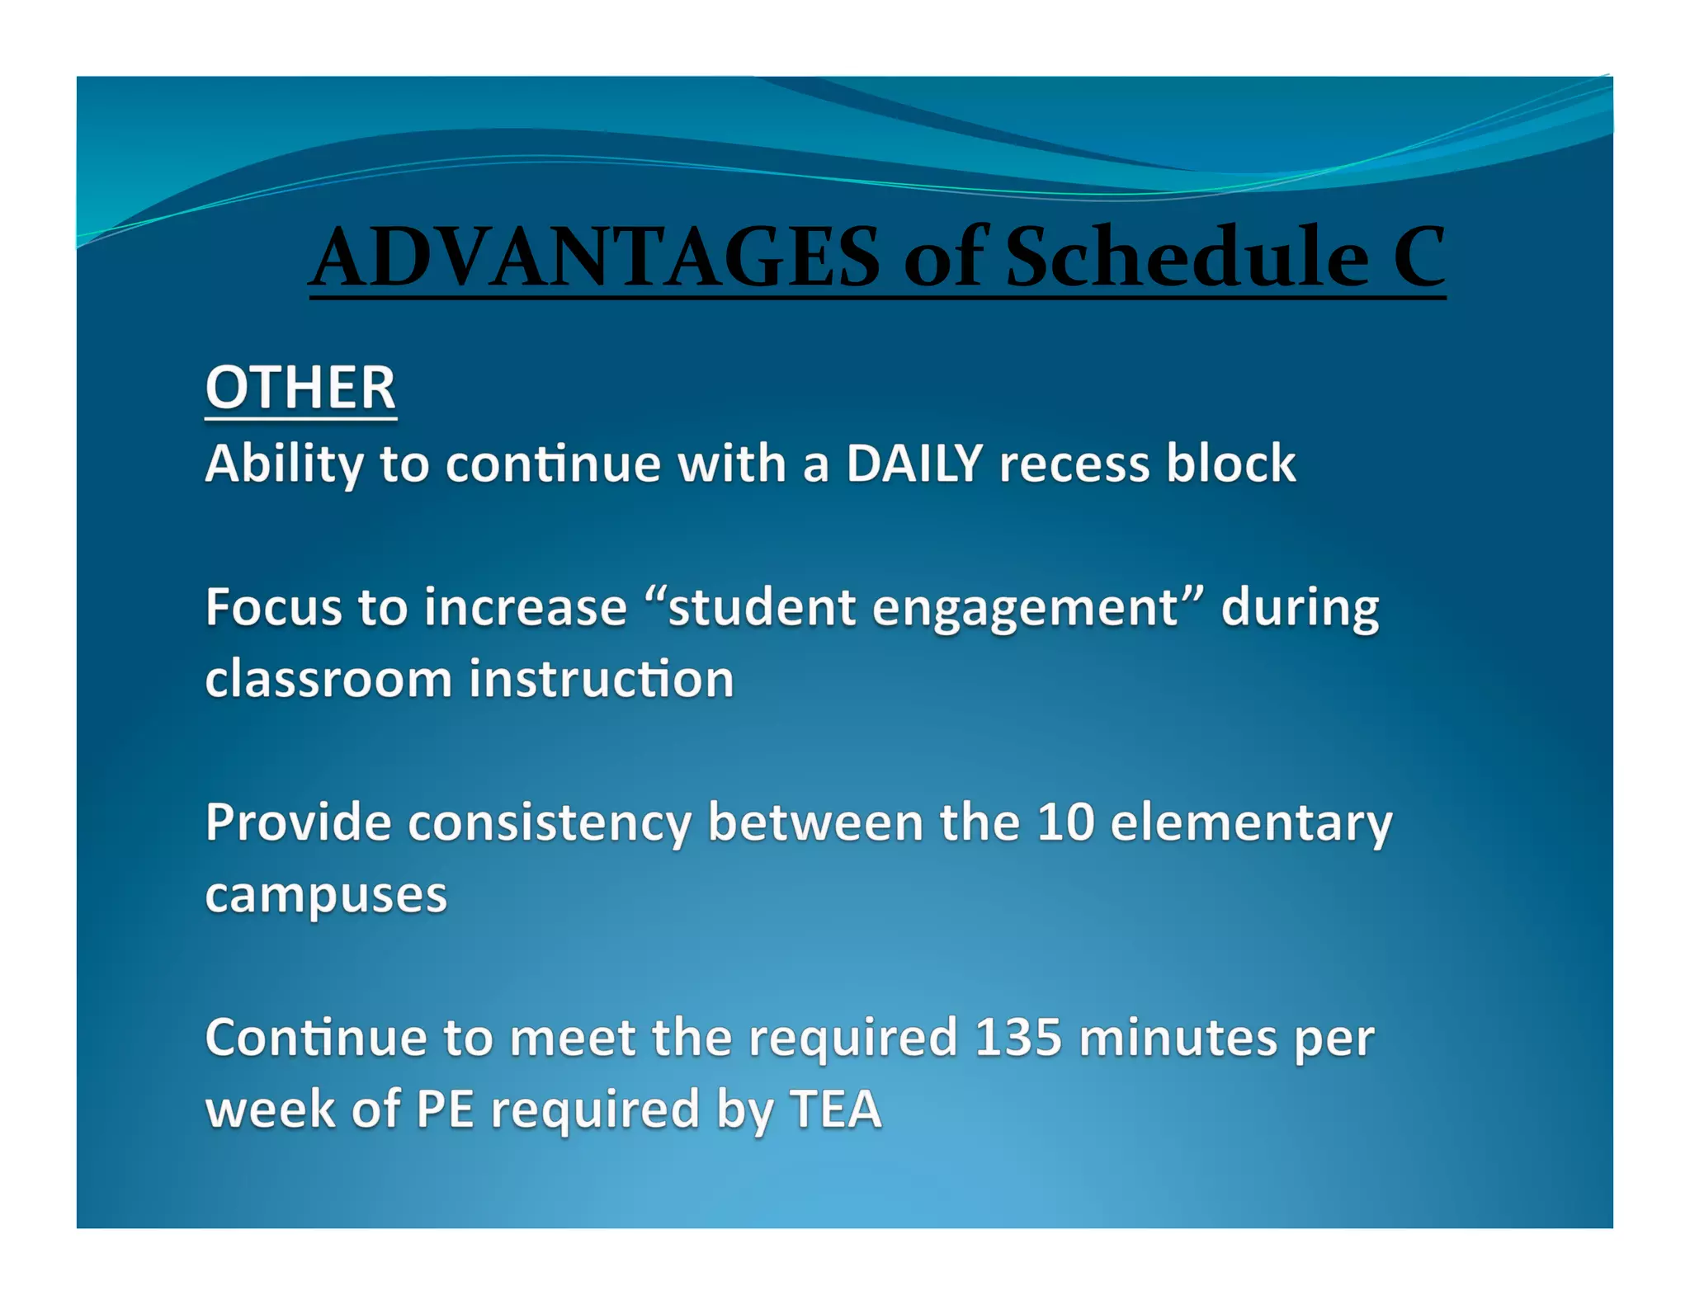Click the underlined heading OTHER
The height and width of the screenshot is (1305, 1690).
coord(300,388)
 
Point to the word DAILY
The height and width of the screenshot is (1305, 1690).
coord(914,463)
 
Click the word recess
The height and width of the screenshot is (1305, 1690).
coord(1074,463)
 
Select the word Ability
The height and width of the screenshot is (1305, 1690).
coord(284,463)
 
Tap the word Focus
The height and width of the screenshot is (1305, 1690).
coord(273,608)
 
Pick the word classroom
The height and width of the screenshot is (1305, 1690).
coord(328,679)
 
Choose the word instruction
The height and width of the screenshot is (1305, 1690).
coord(602,679)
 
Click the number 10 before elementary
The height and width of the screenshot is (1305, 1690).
coord(1065,822)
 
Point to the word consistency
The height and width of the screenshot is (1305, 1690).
coord(550,822)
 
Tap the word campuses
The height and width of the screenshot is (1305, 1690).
coord(326,895)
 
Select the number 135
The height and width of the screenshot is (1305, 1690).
coord(1017,1037)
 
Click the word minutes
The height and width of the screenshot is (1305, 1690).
coord(1178,1037)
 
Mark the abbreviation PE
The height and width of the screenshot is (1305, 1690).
coord(445,1109)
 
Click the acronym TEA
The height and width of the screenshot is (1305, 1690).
coord(834,1109)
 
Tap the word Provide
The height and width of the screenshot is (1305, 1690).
coord(298,822)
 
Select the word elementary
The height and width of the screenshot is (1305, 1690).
coord(1251,822)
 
